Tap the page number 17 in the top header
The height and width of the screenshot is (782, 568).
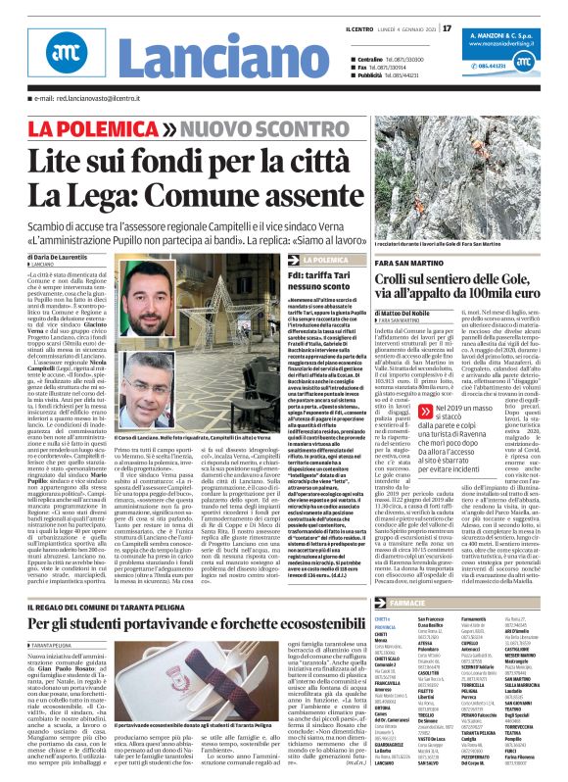(x=447, y=27)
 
